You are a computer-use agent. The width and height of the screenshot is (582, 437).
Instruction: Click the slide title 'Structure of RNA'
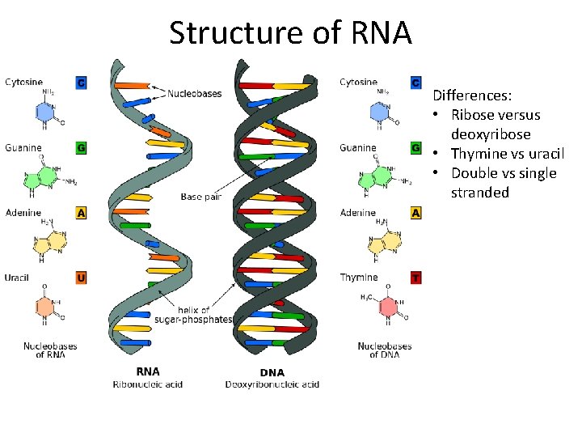coord(290,33)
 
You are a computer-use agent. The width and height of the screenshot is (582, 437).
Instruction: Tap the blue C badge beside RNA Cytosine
coord(81,83)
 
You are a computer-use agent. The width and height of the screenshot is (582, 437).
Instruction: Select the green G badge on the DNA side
coord(415,148)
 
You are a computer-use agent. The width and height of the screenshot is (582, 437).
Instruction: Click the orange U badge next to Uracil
coord(81,278)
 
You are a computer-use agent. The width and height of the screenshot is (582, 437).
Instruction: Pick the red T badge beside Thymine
coord(415,278)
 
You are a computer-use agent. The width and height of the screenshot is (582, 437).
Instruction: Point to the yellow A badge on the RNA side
coord(81,213)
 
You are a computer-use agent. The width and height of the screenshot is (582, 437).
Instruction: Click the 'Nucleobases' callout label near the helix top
coord(194,94)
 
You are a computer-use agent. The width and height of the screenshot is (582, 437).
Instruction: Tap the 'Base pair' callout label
coord(202,197)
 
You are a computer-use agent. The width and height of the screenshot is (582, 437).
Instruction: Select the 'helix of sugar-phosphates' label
coord(193,315)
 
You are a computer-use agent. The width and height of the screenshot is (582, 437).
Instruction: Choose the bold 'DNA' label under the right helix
coord(272,372)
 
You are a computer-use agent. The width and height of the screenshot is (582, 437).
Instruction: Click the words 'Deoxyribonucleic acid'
coord(272,384)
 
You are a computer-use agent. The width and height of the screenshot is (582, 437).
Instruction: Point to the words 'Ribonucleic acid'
coord(147,384)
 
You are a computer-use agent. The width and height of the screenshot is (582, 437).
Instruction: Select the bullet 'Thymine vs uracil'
coord(508,154)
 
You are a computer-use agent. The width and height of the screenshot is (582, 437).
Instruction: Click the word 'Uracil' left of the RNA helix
coord(18,278)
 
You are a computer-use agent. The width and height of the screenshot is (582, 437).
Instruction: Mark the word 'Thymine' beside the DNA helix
coord(358,278)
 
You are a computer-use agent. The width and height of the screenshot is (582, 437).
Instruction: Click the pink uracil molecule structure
coord(44,306)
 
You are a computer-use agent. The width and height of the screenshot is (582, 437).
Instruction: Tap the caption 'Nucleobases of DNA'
coord(384,350)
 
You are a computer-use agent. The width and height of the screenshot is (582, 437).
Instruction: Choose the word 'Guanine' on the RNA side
coord(23,148)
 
